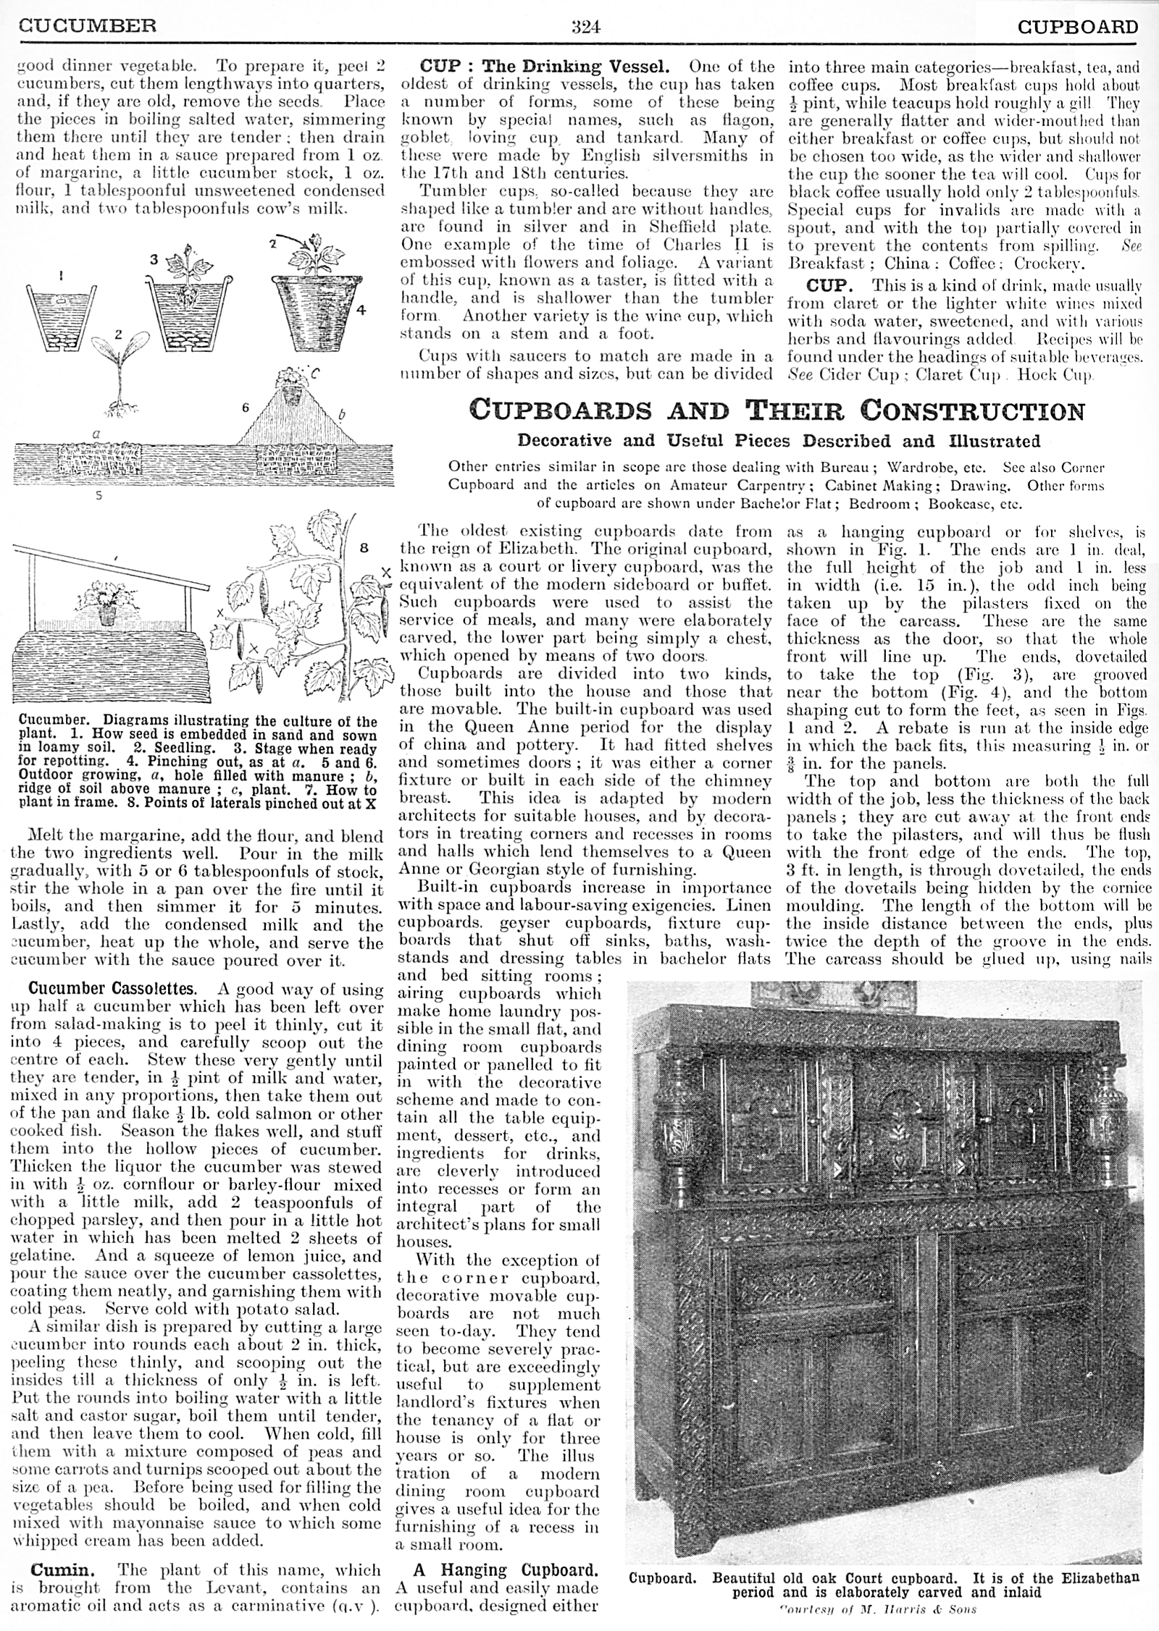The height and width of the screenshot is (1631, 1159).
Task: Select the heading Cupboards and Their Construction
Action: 777,411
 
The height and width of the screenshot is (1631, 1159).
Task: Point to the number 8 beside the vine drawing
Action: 364,547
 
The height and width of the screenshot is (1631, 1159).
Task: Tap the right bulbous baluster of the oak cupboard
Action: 1108,1141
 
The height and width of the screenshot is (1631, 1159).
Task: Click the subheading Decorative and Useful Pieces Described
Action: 778,441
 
